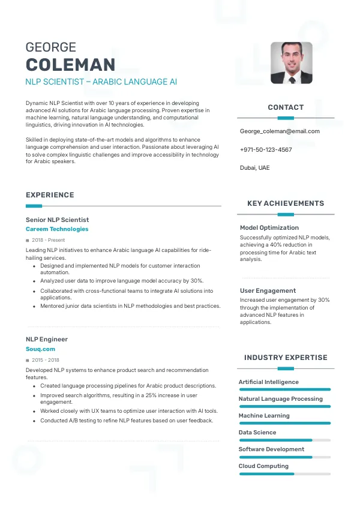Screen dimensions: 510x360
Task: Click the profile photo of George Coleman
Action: (x=291, y=62)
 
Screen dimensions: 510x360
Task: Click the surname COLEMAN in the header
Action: (x=70, y=65)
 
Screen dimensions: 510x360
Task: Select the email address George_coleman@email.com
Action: (x=280, y=131)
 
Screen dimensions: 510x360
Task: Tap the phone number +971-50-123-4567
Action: (x=266, y=149)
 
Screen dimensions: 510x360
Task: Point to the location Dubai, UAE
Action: (x=255, y=168)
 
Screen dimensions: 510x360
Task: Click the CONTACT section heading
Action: (x=286, y=107)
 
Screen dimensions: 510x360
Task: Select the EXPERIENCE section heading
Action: (x=50, y=195)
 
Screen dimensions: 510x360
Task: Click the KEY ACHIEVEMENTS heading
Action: (x=286, y=203)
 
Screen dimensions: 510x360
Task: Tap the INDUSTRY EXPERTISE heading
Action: (x=286, y=358)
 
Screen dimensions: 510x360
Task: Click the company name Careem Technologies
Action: (x=57, y=229)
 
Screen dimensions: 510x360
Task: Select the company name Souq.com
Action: (x=40, y=349)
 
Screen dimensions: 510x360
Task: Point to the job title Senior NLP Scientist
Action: (x=57, y=220)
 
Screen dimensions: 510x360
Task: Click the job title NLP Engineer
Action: (x=47, y=339)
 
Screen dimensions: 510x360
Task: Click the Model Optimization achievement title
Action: (x=269, y=228)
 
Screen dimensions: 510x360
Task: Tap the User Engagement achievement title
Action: (x=268, y=291)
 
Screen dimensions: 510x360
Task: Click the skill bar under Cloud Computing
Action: (x=285, y=474)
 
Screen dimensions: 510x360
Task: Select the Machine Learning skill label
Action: (x=264, y=416)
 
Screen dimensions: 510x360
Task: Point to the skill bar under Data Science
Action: (x=285, y=440)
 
